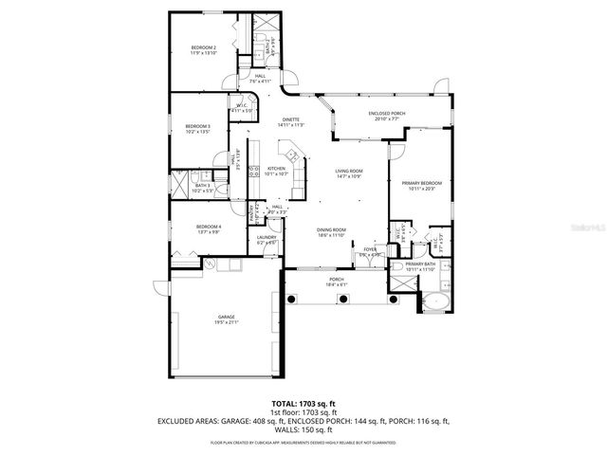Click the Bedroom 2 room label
coord(203,47)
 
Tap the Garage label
coord(226,317)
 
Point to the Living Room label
coord(349,172)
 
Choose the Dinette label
coord(290,119)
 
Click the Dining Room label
coord(331,229)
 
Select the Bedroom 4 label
coord(208,227)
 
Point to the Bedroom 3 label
coord(197,126)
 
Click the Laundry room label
coord(266,237)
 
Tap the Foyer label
coord(369,250)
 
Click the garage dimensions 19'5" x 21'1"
coord(226,322)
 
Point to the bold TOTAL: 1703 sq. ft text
coord(303,405)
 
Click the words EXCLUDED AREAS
coord(188,420)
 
